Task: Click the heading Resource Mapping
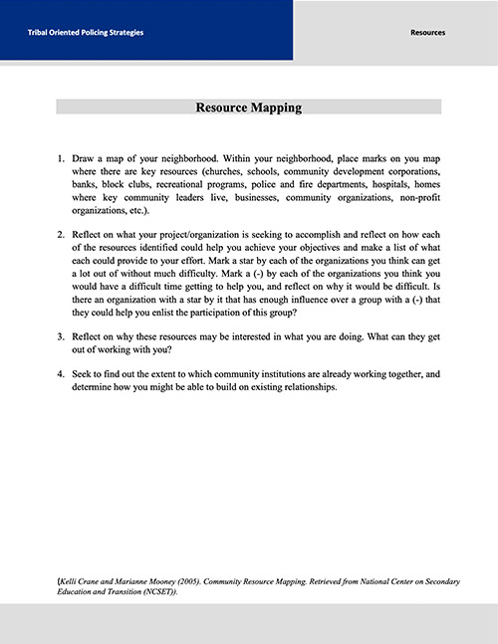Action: point(249,107)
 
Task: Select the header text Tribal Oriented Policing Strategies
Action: point(86,33)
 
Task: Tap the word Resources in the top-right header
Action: point(428,33)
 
